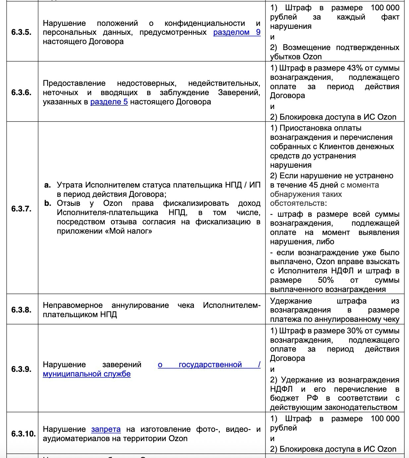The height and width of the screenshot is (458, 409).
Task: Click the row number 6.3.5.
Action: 21,32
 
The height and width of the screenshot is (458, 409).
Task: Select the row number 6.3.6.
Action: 21,92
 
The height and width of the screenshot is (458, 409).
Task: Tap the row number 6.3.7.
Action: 21,209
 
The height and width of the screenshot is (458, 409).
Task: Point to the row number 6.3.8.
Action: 21,310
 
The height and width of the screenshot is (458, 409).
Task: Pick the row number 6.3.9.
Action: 21,369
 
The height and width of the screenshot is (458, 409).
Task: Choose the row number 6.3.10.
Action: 23,434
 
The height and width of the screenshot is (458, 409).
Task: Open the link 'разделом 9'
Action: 237,32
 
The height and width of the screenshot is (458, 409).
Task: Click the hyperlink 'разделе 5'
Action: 109,102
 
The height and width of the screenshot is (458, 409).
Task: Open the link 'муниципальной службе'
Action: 87,374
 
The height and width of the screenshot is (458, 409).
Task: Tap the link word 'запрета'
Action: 106,429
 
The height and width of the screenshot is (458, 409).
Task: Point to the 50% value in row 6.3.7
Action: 325,280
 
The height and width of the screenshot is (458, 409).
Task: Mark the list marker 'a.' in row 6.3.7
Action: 48,185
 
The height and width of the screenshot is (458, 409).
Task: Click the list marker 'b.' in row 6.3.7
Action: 48,203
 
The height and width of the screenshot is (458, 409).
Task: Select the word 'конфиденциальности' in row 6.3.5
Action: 204,24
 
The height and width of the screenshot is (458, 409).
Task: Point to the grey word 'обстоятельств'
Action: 297,203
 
